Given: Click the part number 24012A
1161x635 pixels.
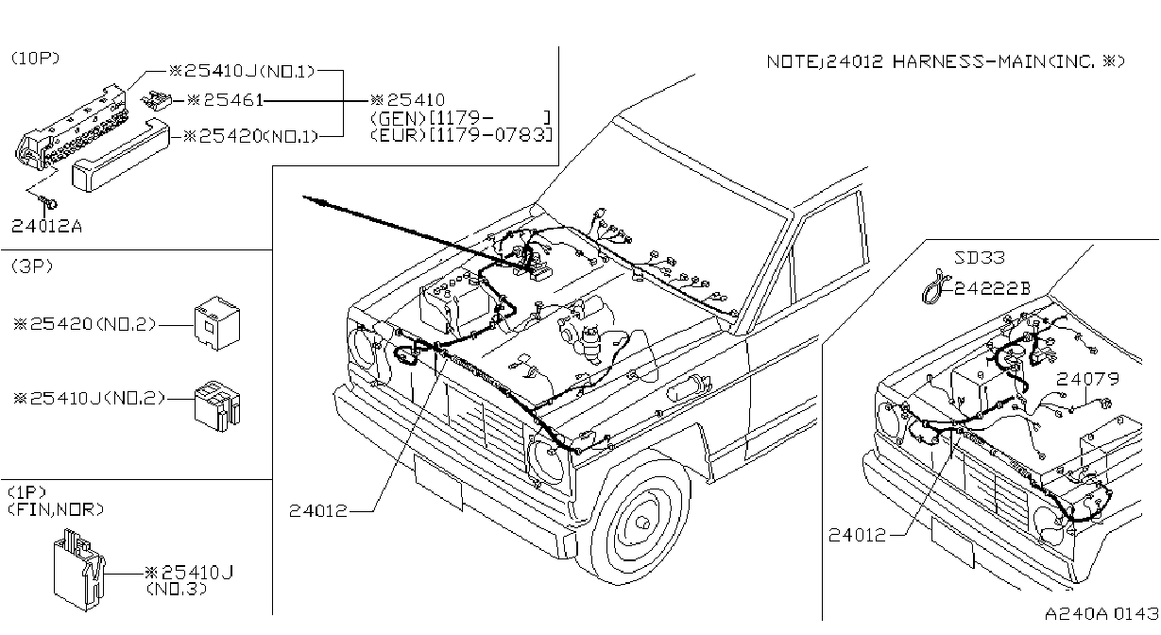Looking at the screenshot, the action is click(x=46, y=226).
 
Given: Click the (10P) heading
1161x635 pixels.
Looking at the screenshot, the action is click(x=35, y=58).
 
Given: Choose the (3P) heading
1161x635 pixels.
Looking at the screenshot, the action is click(x=32, y=266).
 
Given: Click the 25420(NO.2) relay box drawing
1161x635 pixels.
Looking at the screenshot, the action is click(x=217, y=323).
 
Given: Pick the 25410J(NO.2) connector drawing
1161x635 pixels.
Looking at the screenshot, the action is click(x=217, y=406).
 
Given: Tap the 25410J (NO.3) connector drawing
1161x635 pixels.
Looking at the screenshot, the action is click(x=79, y=569).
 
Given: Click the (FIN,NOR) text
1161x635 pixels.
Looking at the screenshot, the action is click(x=56, y=510).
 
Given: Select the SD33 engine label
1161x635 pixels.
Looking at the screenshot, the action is click(x=979, y=257).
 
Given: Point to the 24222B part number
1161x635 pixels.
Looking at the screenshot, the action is click(x=993, y=288).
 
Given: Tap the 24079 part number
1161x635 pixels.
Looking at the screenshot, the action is click(x=1088, y=380).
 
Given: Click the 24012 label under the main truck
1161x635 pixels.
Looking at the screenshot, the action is click(x=318, y=511).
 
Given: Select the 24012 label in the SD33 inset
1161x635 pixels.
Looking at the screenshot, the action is click(x=858, y=535).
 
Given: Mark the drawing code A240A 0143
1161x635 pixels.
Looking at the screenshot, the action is click(x=1101, y=614).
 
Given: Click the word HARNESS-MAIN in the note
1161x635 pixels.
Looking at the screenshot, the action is click(x=969, y=61).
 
